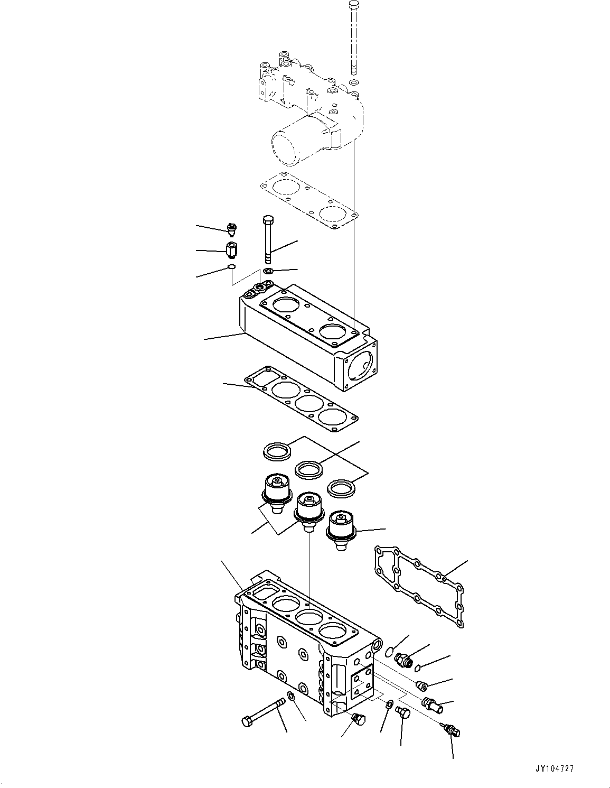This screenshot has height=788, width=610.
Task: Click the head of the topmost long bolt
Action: tap(354, 6)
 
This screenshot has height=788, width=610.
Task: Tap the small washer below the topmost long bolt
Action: tap(353, 83)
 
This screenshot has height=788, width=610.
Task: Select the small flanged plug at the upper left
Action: tap(231, 228)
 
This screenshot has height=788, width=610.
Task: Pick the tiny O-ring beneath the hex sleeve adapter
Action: tap(231, 267)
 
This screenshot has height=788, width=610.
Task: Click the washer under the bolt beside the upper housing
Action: tap(268, 271)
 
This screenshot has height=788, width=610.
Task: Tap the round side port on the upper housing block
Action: tap(361, 366)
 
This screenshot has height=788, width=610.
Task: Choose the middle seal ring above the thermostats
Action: tap(309, 469)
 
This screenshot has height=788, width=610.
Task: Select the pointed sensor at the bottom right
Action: tap(452, 730)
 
